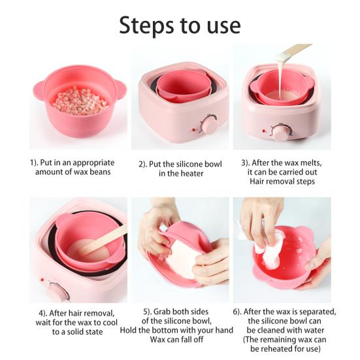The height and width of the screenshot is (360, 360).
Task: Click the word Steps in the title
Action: click(146, 25)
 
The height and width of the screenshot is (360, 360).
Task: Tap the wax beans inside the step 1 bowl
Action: click(80, 102)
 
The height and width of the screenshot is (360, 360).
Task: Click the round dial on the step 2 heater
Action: click(208, 125)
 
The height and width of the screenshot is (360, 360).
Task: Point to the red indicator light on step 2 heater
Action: click(193, 130)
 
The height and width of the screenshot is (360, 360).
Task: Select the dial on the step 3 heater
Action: click(280, 133)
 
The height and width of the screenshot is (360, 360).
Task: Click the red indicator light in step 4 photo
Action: click(42, 280)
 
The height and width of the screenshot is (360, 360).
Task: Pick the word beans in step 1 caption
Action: click(101, 172)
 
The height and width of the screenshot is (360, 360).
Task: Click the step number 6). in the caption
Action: click(237, 312)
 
